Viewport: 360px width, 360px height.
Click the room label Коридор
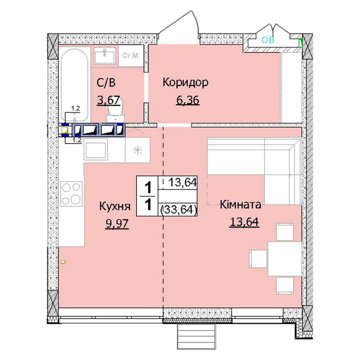click(185, 82)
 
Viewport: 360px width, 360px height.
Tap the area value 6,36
click(188, 100)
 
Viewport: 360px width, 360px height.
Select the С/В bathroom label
click(106, 83)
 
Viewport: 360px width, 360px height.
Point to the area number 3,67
click(109, 100)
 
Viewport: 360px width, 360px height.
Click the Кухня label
click(115, 206)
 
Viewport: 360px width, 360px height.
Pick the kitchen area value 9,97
click(117, 224)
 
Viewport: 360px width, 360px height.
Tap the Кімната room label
click(240, 204)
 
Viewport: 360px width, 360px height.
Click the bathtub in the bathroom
click(75, 85)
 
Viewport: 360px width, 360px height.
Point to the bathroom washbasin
click(105, 56)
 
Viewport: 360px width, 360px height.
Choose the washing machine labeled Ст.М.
click(131, 56)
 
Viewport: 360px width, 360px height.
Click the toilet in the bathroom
click(115, 111)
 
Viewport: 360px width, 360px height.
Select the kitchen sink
click(95, 150)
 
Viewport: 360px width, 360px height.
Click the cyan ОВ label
click(268, 40)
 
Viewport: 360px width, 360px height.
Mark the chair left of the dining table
click(258, 259)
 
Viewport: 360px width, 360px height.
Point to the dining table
click(285, 259)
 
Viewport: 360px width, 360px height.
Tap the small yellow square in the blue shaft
click(65, 130)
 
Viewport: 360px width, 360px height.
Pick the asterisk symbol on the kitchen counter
click(138, 150)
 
